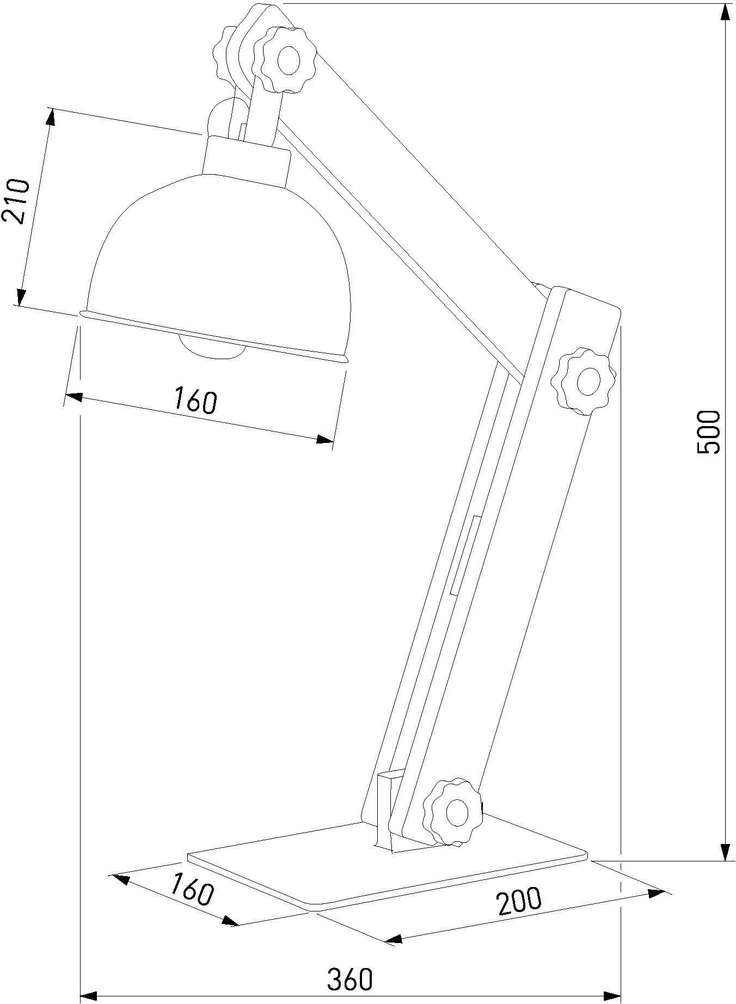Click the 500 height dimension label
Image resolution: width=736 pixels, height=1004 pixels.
[x=708, y=432]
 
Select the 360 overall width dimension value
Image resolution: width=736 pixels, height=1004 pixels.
[x=349, y=980]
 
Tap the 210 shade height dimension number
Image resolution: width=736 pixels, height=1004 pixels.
[x=15, y=201]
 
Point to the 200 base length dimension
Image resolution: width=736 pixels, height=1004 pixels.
[x=519, y=901]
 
